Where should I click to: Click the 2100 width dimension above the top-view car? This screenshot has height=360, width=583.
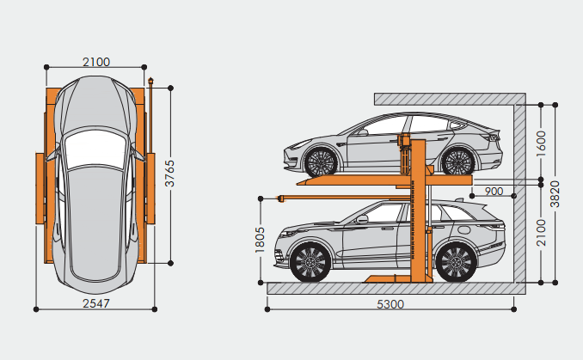[x=96, y=62]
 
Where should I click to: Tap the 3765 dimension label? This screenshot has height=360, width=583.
[x=169, y=174]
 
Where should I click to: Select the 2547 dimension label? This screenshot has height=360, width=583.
[x=96, y=303]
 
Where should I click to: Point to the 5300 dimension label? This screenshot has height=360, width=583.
[x=390, y=304]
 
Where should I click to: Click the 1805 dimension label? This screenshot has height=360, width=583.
[x=260, y=240]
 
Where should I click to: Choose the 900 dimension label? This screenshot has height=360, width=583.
[x=494, y=192]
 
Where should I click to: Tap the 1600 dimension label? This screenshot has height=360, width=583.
[x=542, y=143]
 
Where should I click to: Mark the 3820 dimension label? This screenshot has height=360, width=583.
[x=555, y=194]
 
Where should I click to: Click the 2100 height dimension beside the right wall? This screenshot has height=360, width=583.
[x=542, y=233]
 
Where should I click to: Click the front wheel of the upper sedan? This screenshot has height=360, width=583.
[x=321, y=162]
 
